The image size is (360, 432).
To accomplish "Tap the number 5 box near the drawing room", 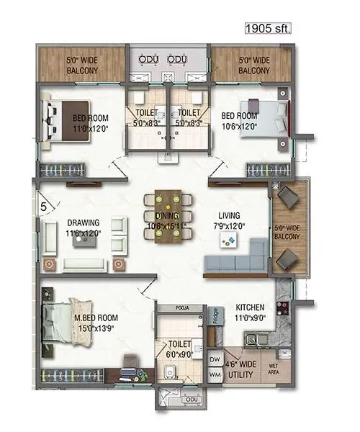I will coord(44,207).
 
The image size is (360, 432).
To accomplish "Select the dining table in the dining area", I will coord(170,215).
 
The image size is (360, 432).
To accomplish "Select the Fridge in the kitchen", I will coord(215,316).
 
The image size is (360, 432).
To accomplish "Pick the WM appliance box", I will coord(213,374).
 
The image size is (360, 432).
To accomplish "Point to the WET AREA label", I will coord(275,367).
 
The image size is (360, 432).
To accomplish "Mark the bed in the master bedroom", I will coord(66,322).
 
